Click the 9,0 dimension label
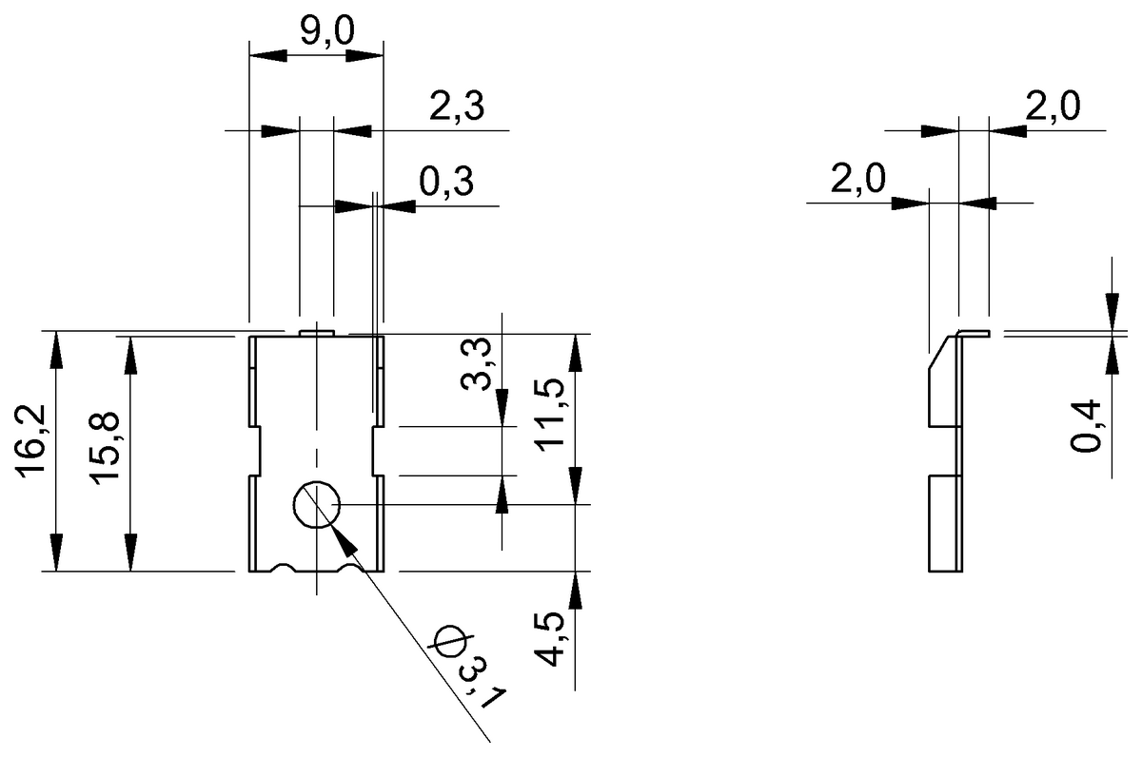(326, 31)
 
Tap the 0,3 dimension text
(447, 182)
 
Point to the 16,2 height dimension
(31, 453)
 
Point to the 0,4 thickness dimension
(1085, 426)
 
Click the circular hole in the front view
(317, 505)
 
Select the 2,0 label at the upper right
(1051, 107)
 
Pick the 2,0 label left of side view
(858, 180)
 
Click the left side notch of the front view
(254, 453)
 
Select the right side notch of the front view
(378, 453)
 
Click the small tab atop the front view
(314, 332)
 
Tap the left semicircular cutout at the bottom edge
(285, 569)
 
